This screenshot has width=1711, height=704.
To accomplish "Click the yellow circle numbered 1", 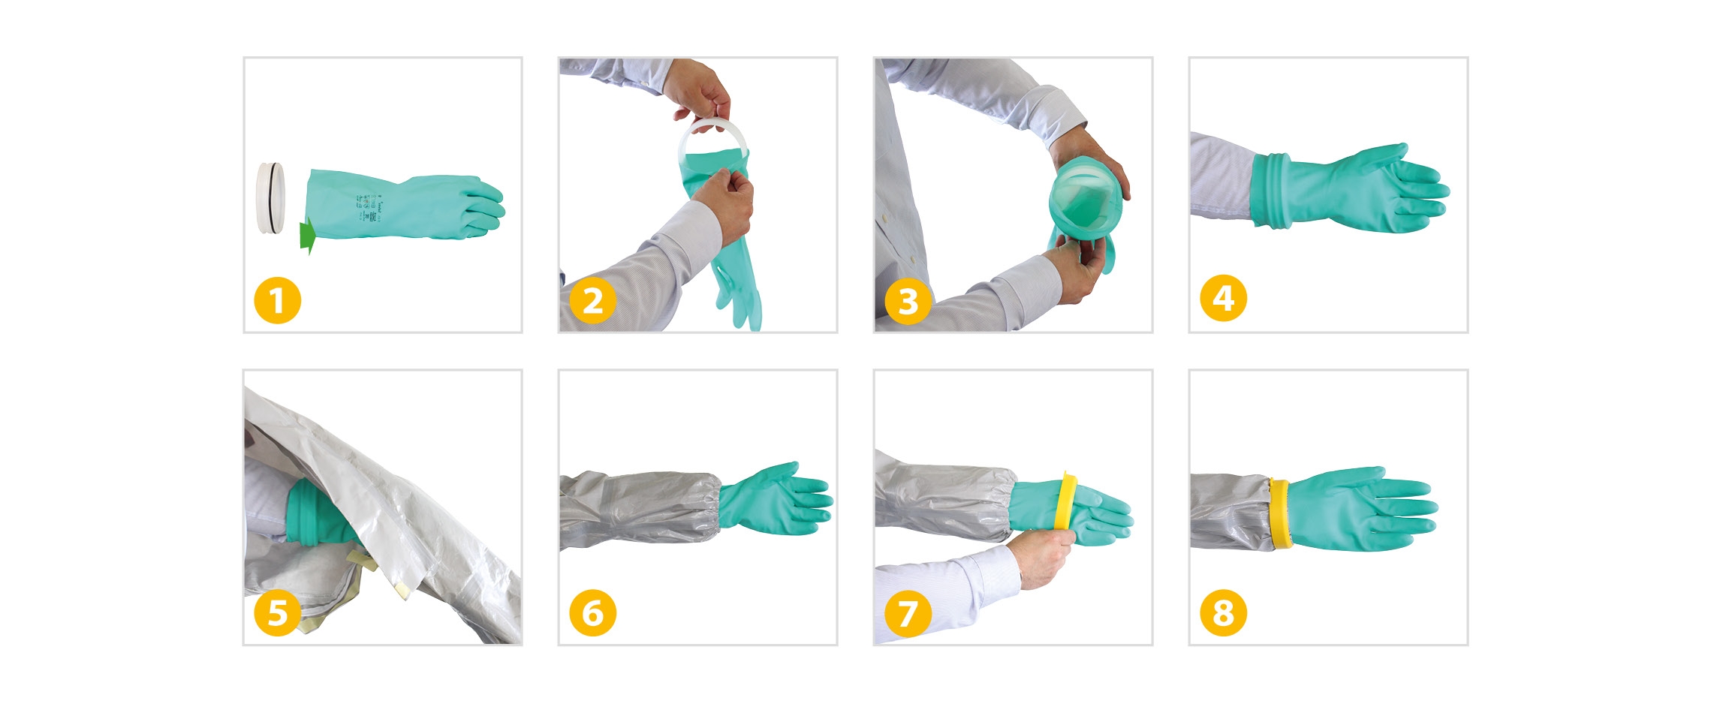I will point(277,301).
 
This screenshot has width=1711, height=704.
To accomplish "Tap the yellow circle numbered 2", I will point(592,301).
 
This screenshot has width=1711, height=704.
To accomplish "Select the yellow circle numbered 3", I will point(908,301).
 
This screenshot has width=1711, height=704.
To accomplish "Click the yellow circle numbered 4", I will point(1223,298).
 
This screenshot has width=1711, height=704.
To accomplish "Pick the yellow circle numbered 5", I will point(277,612).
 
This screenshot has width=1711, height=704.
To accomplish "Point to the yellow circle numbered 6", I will point(592,612).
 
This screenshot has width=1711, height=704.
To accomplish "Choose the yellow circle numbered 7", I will point(908,612).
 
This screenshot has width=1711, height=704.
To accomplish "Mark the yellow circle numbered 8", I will point(1223,612).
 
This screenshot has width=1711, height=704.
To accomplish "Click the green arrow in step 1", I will point(307,236).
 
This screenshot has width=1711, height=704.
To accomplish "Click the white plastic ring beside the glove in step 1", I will point(270,197).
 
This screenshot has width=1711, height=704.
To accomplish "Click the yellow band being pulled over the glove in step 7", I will point(1065,501).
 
